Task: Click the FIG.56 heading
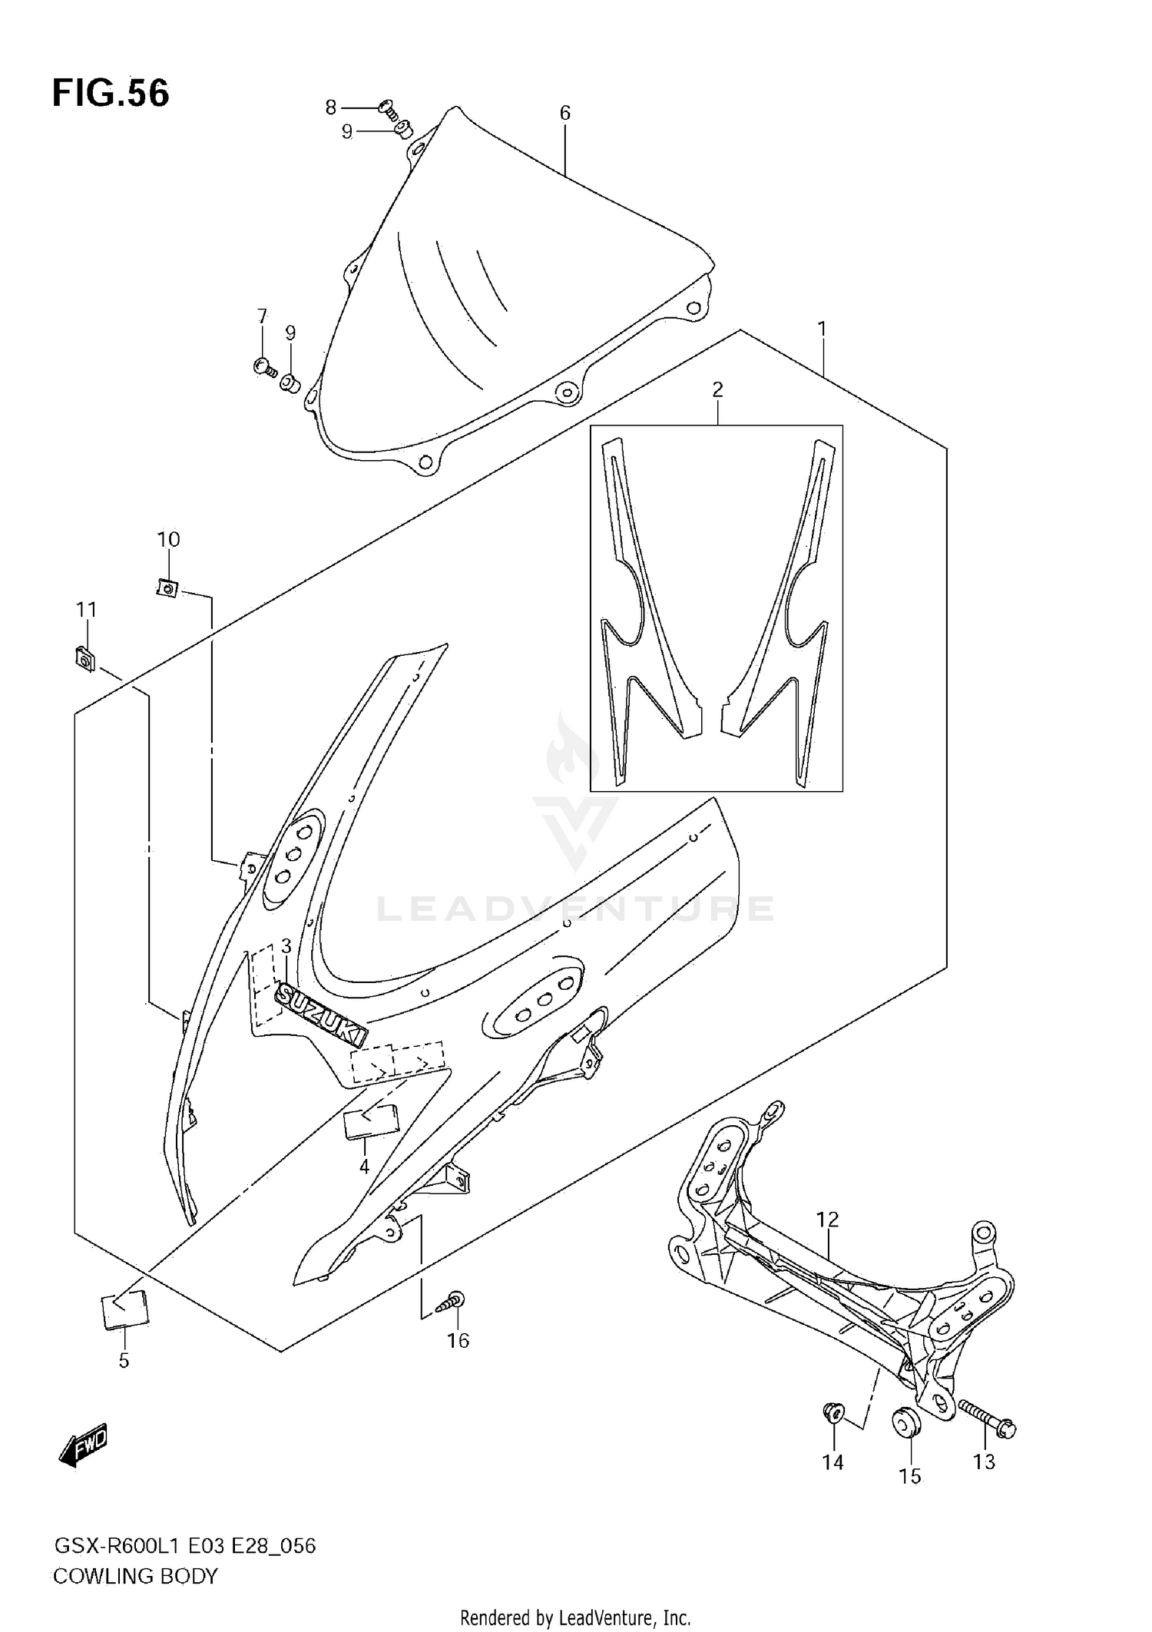coord(111,93)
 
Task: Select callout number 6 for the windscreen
coord(564,114)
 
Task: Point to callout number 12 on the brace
coord(827,1219)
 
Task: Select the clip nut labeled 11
coord(84,659)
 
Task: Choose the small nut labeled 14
coord(833,1411)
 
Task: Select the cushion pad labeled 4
coord(370,1125)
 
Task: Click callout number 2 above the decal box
coord(717,390)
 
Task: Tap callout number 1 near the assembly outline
coord(822,329)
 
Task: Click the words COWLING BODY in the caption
coord(135,1577)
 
